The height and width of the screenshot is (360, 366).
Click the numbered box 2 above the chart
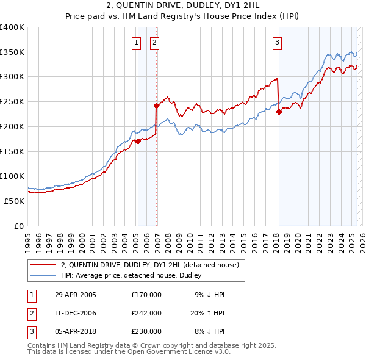(x=155, y=42)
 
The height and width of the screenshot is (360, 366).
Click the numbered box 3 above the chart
(x=278, y=42)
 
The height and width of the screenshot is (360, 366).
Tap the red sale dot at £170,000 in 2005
(x=138, y=141)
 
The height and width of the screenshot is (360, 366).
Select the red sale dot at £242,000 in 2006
(x=157, y=106)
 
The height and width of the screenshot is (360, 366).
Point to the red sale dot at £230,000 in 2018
(x=279, y=112)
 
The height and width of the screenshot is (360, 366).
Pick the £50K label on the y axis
(x=14, y=201)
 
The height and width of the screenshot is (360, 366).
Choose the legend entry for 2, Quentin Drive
(x=153, y=265)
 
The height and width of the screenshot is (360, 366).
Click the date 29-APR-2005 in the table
(x=76, y=295)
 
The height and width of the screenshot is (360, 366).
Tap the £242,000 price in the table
(x=146, y=313)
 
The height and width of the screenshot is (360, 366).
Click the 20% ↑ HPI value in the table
(x=209, y=313)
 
